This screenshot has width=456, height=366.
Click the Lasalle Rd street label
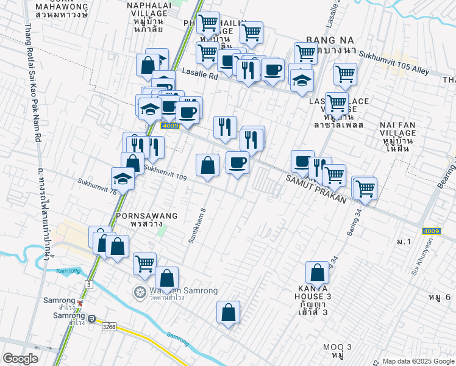[200, 76]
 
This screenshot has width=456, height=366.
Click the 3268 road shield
[109, 327]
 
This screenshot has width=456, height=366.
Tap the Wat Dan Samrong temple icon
[140, 292]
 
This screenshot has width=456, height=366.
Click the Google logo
[21, 358]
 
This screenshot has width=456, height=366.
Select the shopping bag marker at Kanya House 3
[317, 274]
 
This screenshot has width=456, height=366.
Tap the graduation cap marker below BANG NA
[301, 80]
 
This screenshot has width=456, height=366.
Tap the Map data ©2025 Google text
[418, 361]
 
